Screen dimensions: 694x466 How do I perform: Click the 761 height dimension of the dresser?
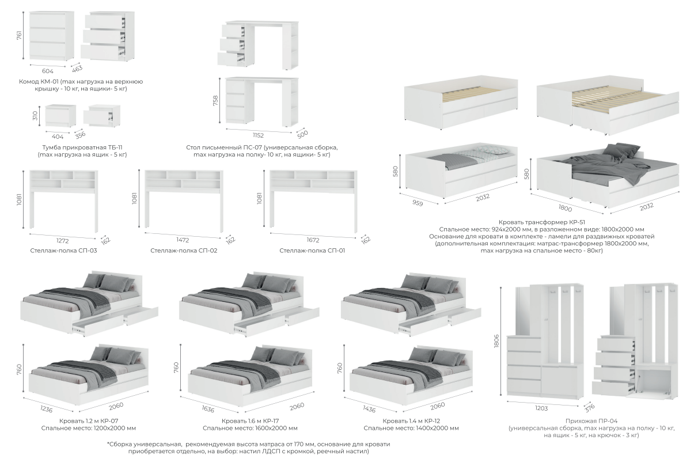click(x=19, y=35)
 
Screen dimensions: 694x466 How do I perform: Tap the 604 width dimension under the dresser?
click(x=47, y=71)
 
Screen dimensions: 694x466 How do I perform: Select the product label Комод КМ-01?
click(x=39, y=82)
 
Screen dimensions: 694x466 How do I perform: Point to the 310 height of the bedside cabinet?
click(x=35, y=116)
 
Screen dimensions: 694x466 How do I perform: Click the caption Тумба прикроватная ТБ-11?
click(x=82, y=147)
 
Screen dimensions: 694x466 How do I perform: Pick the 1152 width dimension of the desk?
click(x=258, y=135)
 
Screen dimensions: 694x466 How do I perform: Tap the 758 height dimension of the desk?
click(x=215, y=101)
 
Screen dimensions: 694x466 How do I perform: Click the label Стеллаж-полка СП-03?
click(x=63, y=251)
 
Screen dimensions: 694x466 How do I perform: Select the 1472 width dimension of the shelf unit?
click(x=183, y=240)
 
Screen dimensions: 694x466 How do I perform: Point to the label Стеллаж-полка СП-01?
click(x=312, y=251)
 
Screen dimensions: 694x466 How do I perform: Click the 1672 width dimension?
click(x=313, y=240)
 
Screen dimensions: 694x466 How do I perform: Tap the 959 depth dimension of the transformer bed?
click(x=418, y=203)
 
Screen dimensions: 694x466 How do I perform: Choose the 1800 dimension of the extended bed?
click(x=565, y=208)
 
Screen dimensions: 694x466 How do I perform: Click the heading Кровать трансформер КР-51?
click(x=542, y=222)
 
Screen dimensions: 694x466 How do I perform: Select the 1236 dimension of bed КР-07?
click(x=46, y=410)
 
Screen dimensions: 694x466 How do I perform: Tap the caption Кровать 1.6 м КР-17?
click(x=251, y=421)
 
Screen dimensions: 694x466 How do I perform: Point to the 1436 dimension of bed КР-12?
click(x=369, y=410)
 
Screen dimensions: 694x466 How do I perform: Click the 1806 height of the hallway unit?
click(x=496, y=341)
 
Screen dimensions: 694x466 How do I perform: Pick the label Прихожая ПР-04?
click(x=591, y=421)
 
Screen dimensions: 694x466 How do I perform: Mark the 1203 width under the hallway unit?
click(x=541, y=408)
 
